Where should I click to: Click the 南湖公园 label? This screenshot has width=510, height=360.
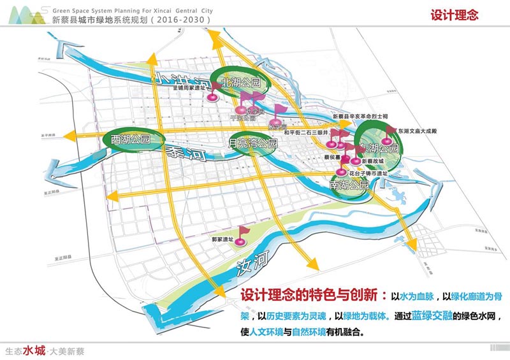[x=349, y=185]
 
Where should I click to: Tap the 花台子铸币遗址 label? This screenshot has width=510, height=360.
[x=369, y=173]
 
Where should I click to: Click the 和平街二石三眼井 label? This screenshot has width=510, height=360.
[x=307, y=133]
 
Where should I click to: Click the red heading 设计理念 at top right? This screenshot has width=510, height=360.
[x=455, y=15]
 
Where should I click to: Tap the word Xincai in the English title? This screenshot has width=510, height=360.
[x=155, y=11]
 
